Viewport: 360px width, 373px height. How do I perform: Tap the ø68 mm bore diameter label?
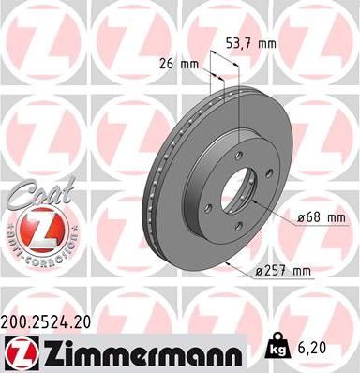tap(319, 217)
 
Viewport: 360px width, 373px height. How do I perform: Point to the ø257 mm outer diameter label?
tap(280, 272)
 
